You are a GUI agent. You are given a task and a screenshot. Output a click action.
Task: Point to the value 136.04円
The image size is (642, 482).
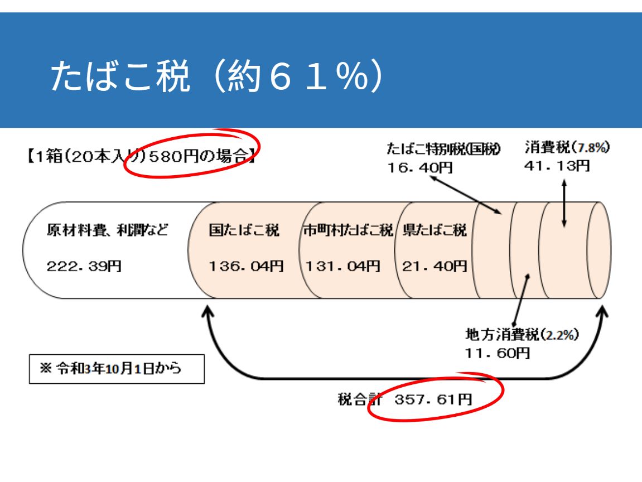coord(246,267)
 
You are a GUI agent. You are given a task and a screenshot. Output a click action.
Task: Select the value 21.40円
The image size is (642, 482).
coord(434,267)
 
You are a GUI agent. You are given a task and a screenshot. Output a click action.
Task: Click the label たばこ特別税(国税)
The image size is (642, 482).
coord(444,149)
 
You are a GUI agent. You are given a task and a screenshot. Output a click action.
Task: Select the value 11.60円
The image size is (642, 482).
coord(497,353)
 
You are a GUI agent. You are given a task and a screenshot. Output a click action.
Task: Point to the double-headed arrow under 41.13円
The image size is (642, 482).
coord(564,203)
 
